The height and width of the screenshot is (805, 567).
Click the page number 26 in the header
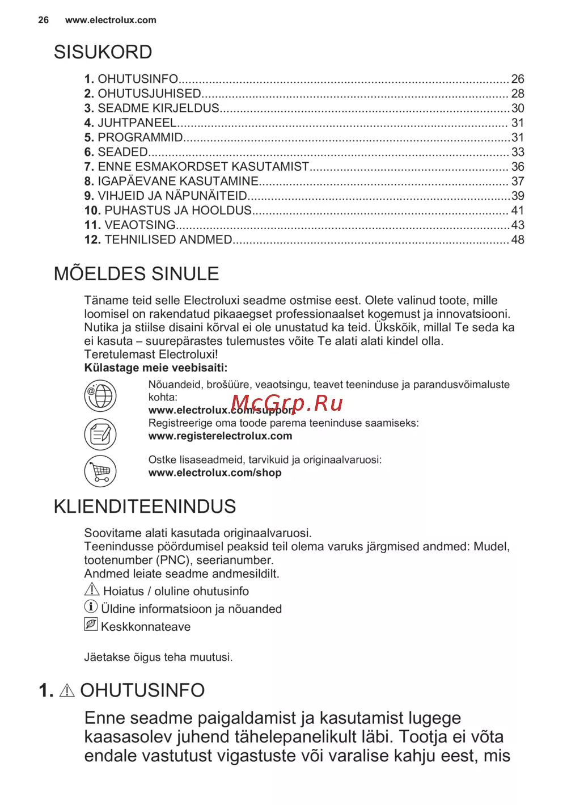[44, 20]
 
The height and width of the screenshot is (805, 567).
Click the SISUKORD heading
[103, 52]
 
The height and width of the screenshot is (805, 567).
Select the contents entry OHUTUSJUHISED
[149, 94]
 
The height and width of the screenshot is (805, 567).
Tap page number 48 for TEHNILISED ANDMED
[518, 240]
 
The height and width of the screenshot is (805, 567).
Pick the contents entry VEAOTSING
[139, 225]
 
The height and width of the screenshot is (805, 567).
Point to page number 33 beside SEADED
[518, 152]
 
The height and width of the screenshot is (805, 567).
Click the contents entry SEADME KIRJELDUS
[158, 108]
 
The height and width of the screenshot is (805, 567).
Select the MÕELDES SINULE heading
[136, 274]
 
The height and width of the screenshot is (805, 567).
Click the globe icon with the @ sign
[100, 395]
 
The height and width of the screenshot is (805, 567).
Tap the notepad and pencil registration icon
[100, 435]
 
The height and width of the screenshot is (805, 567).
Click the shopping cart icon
[100, 471]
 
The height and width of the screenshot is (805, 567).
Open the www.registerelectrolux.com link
[220, 436]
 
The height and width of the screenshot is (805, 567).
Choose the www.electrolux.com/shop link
[215, 473]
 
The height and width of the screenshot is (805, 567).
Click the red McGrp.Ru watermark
[287, 403]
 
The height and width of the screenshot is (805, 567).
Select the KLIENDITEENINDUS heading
[145, 507]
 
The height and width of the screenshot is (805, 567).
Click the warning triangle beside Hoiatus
[92, 589]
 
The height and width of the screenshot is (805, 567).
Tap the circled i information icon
[91, 607]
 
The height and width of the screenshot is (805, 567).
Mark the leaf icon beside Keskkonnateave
[91, 625]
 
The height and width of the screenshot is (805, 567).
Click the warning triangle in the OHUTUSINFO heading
[67, 690]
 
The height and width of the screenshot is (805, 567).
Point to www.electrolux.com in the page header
[111, 20]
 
